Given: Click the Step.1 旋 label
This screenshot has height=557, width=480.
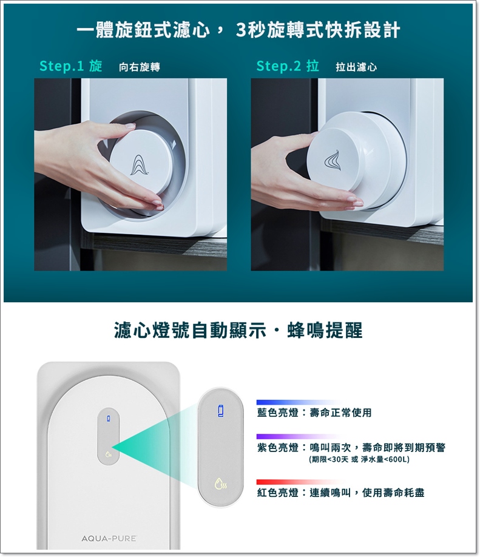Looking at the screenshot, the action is pos(71,66).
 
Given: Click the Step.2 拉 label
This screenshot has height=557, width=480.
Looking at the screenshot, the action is pos(288,66).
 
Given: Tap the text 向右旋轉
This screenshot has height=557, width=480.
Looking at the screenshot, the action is pos(140,67).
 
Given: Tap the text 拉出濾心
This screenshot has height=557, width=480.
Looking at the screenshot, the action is pos(356,67).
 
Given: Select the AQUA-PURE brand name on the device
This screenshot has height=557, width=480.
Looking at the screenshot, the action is pos(109,539).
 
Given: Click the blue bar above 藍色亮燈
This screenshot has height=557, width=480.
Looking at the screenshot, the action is pos(299,402).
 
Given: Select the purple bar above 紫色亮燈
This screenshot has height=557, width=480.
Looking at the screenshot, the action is pos(299,437).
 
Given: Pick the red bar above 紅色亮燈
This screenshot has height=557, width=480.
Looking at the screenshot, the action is pos(300,482).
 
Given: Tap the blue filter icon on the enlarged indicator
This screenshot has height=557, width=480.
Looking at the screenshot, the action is pos(221,411).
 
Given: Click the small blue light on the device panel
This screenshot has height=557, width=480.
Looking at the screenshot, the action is pos(109,419).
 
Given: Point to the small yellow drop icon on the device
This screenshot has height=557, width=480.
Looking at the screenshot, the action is pos(109,454).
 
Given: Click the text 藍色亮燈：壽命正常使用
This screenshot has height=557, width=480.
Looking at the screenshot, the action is pos(314,413).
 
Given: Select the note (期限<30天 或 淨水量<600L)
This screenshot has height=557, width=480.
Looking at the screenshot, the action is pos(359,459).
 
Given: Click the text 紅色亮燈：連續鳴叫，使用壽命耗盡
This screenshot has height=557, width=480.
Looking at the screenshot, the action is pos(340,493).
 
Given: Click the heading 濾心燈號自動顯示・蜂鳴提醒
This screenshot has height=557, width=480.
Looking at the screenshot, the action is pos(238,330).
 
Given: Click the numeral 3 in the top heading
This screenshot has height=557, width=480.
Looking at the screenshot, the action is pos(242,30).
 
